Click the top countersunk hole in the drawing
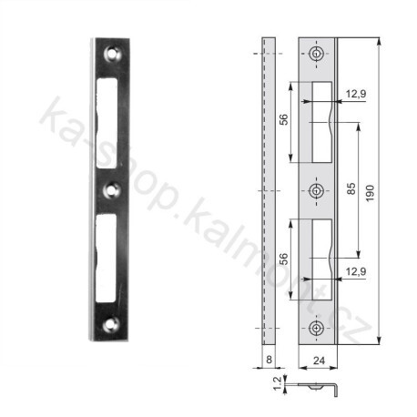pos(316,56)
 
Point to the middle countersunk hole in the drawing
pos(316,190)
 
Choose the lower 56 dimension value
pos(283,259)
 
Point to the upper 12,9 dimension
pos(356,94)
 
